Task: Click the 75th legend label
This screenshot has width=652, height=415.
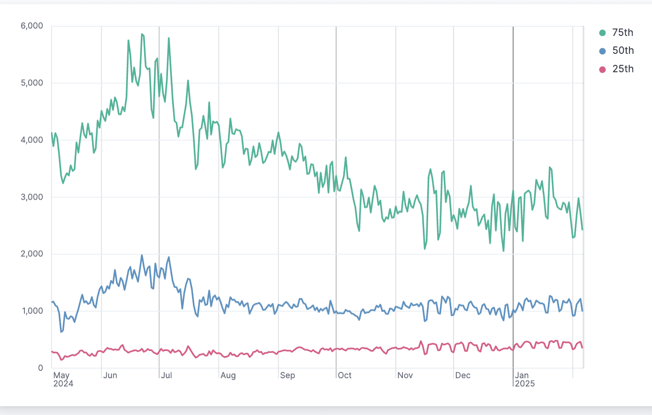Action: pyautogui.click(x=623, y=33)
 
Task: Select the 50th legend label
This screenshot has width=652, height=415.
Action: pyautogui.click(x=623, y=51)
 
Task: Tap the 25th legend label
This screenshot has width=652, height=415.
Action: pyautogui.click(x=623, y=69)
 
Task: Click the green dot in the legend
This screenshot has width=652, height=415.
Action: pyautogui.click(x=602, y=33)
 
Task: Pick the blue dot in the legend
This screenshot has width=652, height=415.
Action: pyautogui.click(x=602, y=51)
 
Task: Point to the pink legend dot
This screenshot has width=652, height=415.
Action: pyautogui.click(x=602, y=69)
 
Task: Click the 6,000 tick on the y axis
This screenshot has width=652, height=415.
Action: pyautogui.click(x=32, y=26)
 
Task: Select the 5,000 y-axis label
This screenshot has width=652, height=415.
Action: pyautogui.click(x=32, y=83)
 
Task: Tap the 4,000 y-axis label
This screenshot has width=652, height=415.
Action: pyautogui.click(x=32, y=140)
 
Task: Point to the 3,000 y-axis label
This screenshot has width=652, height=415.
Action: pyautogui.click(x=32, y=197)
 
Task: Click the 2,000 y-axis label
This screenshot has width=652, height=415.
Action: pyautogui.click(x=32, y=254)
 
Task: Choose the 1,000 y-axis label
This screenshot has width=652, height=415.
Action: pyautogui.click(x=32, y=311)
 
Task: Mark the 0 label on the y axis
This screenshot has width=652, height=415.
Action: pyautogui.click(x=41, y=368)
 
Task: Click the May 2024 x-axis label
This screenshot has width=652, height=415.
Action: pyautogui.click(x=63, y=380)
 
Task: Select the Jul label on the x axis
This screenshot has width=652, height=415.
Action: pyautogui.click(x=167, y=375)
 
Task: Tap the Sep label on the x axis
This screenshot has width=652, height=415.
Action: pyautogui.click(x=287, y=375)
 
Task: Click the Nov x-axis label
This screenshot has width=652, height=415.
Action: pyautogui.click(x=405, y=375)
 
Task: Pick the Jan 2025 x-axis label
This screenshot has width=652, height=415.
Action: pyautogui.click(x=525, y=380)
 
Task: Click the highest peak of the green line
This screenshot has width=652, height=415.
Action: pyautogui.click(x=142, y=34)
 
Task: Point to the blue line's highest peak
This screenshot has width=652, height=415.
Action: pyautogui.click(x=142, y=255)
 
